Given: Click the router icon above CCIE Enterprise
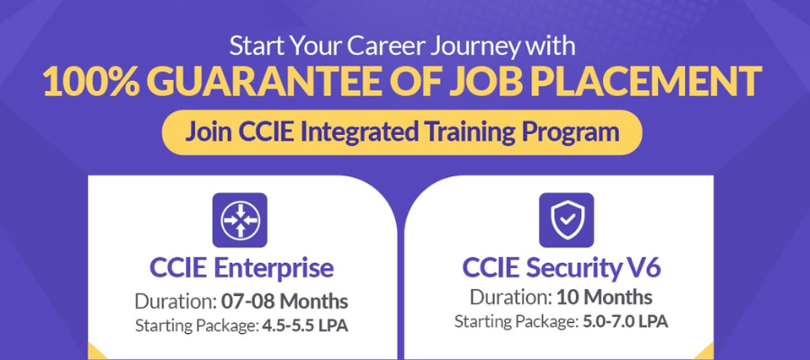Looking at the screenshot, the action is pos(239,220).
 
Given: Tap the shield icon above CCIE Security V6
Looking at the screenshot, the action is pos(566,220).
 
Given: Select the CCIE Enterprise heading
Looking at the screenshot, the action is pos(241,268).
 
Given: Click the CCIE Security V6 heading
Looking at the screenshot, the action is pos(562,268).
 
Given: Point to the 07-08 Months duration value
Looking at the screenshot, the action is pos(284,301).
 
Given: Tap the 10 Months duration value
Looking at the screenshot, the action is pos(604,298).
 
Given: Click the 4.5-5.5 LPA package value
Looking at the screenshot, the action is pos(305,326).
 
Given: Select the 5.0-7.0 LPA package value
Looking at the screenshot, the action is pos(625,322).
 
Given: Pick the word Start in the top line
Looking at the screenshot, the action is pos(256,46).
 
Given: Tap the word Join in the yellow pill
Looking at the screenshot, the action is pos(209,132).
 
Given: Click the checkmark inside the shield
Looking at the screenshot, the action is pos(566,219).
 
